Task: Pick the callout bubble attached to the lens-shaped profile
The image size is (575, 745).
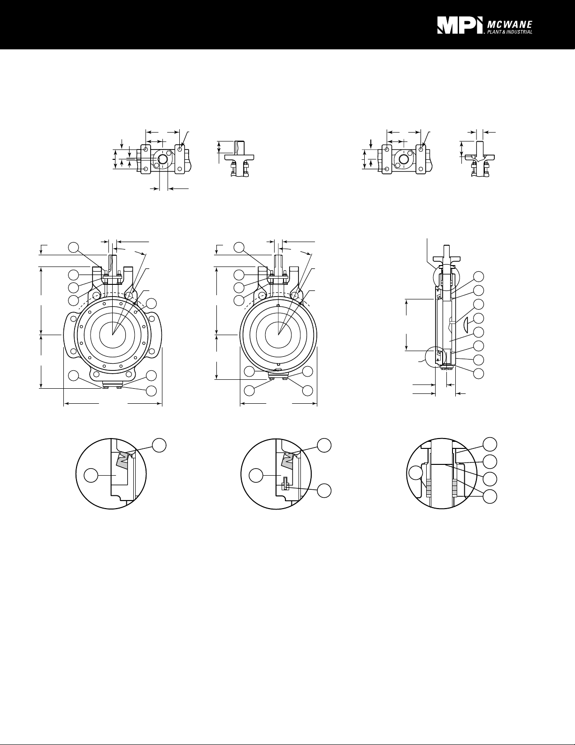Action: point(478,318)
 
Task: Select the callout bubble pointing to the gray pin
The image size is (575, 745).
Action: point(324,491)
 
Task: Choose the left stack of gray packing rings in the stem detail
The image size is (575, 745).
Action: point(428,487)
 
